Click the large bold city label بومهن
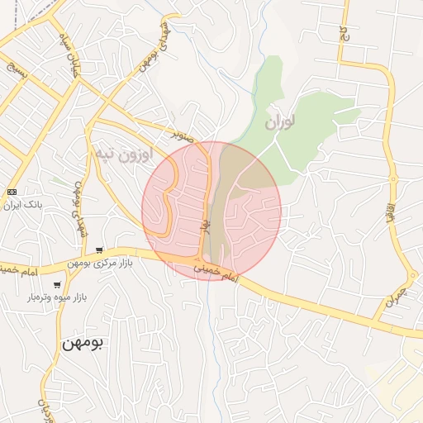pyautogui.click(x=82, y=343)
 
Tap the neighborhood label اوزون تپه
pyautogui.click(x=124, y=154)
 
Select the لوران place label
pyautogui.click(x=281, y=123)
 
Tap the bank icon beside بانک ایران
pyautogui.click(x=11, y=192)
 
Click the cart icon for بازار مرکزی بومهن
pyautogui.click(x=99, y=250)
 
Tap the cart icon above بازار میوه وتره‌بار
pyautogui.click(x=57, y=284)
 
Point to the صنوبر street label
pyautogui.click(x=183, y=133)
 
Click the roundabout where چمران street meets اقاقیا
pyautogui.click(x=412, y=276)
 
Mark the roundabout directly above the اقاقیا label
pyautogui.click(x=393, y=179)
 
